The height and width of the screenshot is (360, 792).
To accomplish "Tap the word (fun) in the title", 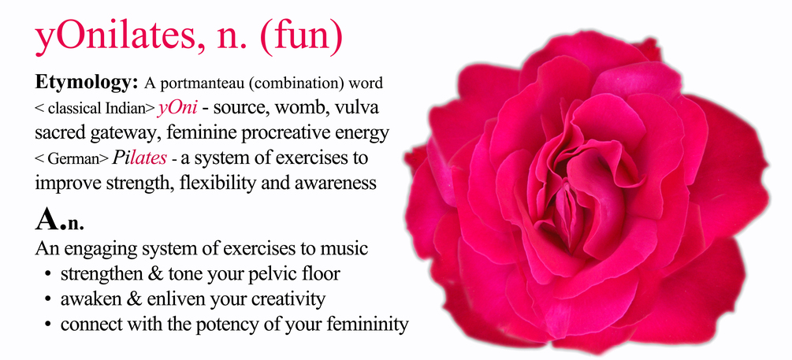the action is pyautogui.click(x=302, y=39).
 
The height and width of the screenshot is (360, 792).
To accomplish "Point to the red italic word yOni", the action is pyautogui.click(x=177, y=108).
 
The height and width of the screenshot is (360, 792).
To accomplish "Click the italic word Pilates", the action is pyautogui.click(x=139, y=158).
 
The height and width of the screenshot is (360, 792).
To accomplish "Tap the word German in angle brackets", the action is pyautogui.click(x=72, y=159).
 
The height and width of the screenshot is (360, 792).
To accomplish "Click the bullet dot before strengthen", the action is pyautogui.click(x=48, y=274).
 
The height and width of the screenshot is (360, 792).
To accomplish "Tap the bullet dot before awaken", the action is pyautogui.click(x=48, y=299).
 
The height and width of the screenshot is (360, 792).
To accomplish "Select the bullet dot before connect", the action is pyautogui.click(x=48, y=325).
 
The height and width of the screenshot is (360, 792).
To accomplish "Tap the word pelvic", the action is pyautogui.click(x=273, y=274).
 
